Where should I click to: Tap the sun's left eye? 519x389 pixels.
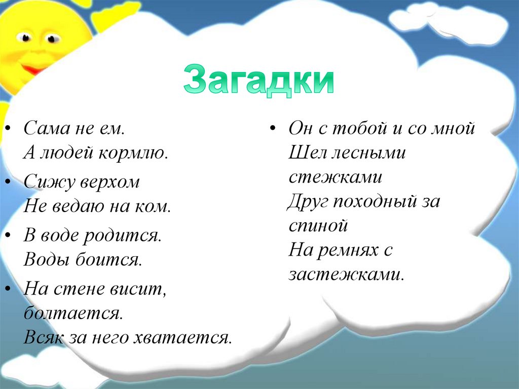click(24, 38)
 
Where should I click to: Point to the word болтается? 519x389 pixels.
click(73, 312)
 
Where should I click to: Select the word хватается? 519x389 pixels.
click(182, 337)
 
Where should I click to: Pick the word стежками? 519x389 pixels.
click(336, 177)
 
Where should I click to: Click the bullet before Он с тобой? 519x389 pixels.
click(273, 128)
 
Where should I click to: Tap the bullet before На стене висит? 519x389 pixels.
click(9, 289)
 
